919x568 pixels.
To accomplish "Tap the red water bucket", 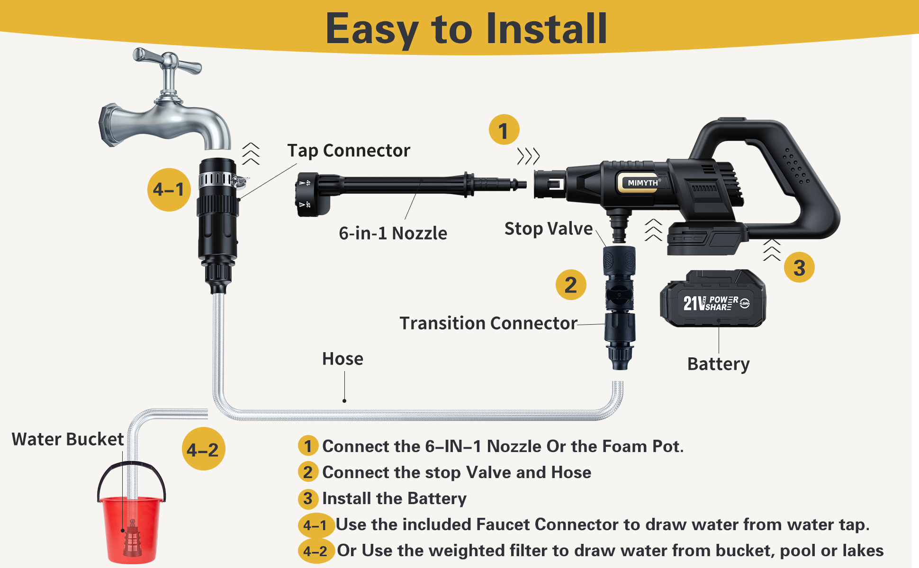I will click(132, 528).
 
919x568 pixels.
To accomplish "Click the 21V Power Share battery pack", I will click(712, 299).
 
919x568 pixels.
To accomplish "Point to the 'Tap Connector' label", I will click(348, 151).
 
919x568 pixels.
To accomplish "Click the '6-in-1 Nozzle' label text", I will click(393, 233).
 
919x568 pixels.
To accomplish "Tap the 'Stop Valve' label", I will click(548, 229).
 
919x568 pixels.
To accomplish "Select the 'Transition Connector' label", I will click(488, 323).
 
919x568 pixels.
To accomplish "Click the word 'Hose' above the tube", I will click(342, 359).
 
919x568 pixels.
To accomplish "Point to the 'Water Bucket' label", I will click(67, 439).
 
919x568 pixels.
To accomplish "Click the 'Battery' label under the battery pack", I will click(718, 364).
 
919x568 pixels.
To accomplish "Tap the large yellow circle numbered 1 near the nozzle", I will click(504, 130).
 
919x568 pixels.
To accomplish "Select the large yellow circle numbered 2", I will click(571, 285).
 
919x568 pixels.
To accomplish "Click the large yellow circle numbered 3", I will click(799, 267).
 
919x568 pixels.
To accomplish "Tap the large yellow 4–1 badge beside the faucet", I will click(169, 190).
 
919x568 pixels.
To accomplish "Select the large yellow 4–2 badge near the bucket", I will click(203, 449).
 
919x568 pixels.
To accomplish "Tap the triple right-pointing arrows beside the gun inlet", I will click(528, 156).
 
